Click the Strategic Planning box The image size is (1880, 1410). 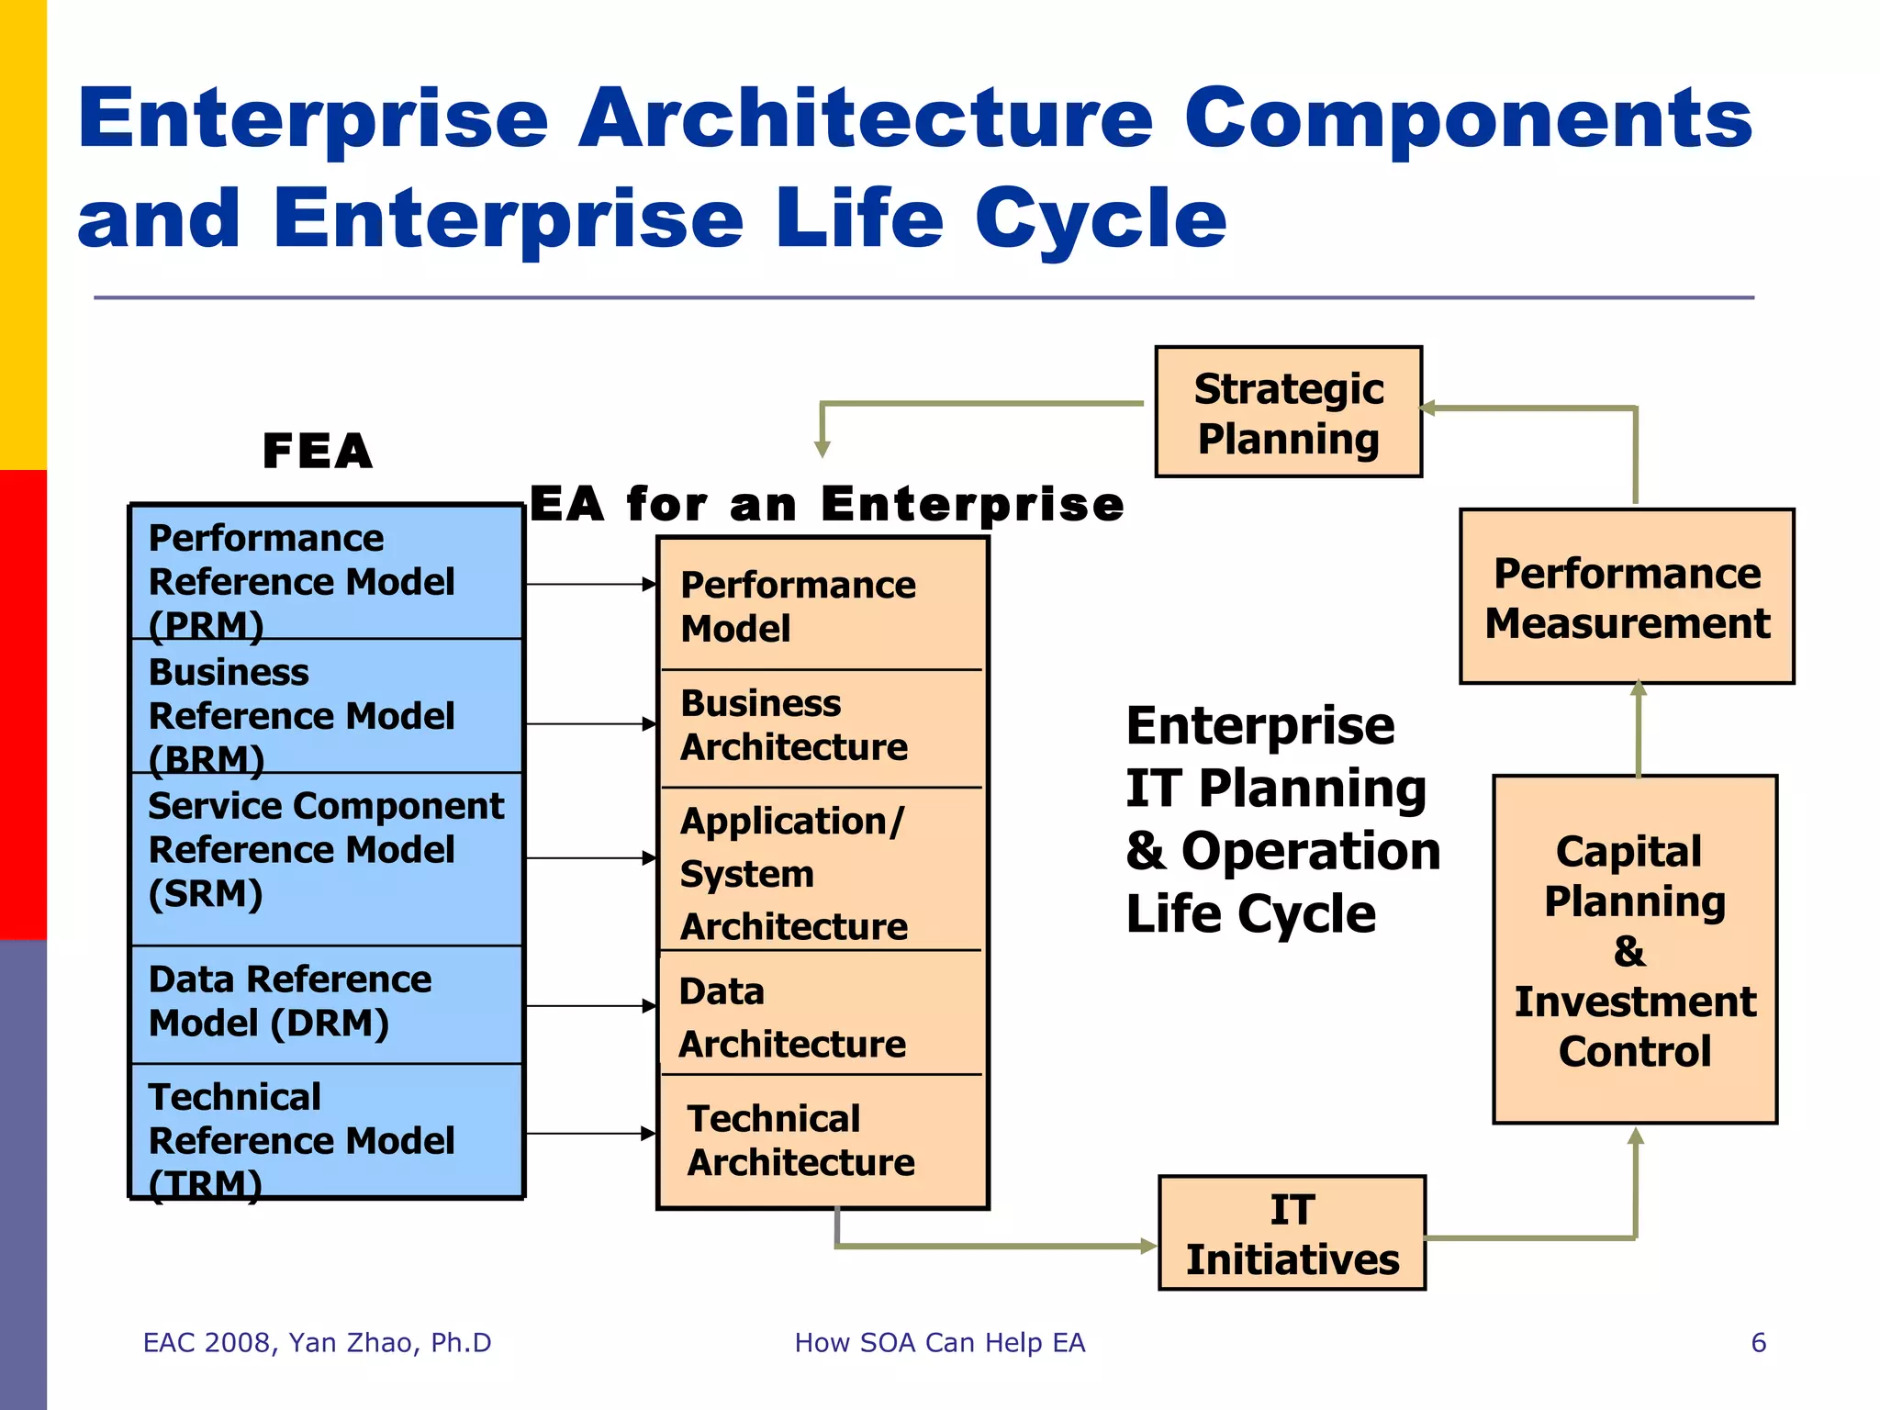tap(1288, 412)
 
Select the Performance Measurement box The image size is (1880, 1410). tap(1627, 597)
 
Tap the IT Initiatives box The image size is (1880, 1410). tap(1292, 1234)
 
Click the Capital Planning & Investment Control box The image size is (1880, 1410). tap(1635, 950)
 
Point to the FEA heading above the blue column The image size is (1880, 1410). tap(318, 451)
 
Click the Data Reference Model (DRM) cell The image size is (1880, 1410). tap(326, 1003)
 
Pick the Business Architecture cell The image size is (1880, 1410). tap(822, 726)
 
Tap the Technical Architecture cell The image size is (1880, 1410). tap(822, 1141)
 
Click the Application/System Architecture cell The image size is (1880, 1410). tap(822, 872)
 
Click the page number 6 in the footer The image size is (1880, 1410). tap(1758, 1343)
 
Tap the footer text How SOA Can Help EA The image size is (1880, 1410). tap(939, 1343)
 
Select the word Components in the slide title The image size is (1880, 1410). tap(1469, 119)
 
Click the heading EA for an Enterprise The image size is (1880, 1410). tap(827, 505)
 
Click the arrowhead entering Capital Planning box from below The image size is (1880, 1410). tap(1635, 1136)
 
